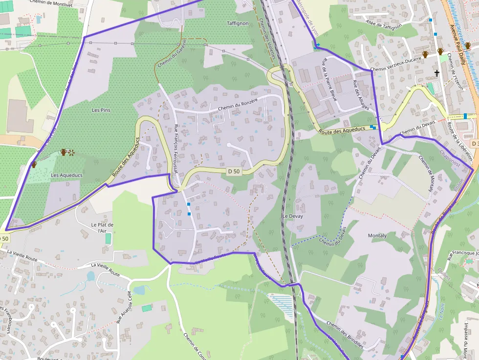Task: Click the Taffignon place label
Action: (238, 23)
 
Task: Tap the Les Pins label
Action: (101, 110)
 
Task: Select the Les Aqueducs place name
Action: (67, 175)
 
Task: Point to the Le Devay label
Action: (292, 216)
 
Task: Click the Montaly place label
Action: (377, 235)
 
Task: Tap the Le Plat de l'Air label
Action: (102, 228)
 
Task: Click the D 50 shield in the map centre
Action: (234, 171)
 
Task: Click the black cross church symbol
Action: (437, 73)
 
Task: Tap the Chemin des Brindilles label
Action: (345, 334)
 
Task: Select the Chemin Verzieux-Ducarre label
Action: (395, 70)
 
